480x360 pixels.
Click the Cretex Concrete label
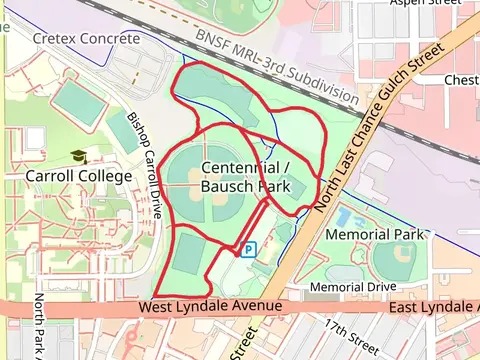click(x=86, y=38)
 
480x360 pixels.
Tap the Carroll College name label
click(x=78, y=176)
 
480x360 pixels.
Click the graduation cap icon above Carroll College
click(x=78, y=157)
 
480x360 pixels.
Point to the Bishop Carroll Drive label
click(x=146, y=165)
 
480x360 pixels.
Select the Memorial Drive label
click(x=353, y=287)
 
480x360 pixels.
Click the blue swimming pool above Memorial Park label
click(x=345, y=216)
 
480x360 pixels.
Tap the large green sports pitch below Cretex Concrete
click(x=78, y=101)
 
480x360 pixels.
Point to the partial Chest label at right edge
click(x=461, y=80)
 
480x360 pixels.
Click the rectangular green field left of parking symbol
click(x=189, y=252)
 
